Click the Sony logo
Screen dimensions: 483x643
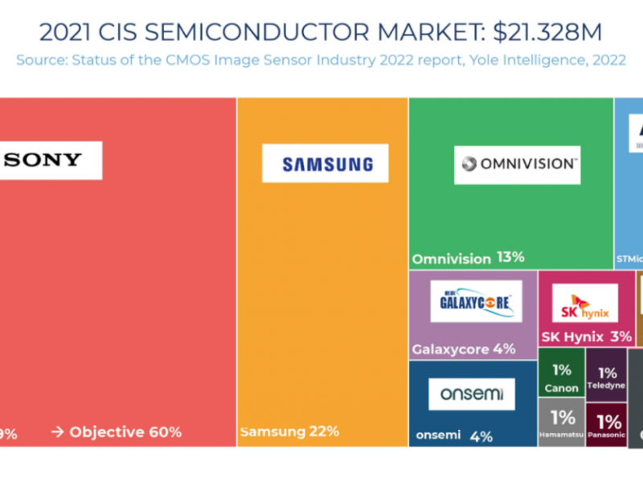(50, 159)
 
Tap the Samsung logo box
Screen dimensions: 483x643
(326, 163)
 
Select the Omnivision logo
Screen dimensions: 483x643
(517, 164)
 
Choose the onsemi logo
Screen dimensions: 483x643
(471, 394)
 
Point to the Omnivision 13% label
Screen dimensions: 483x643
(468, 258)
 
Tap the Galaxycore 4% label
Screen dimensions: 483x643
(463, 349)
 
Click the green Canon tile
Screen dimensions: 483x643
(561, 376)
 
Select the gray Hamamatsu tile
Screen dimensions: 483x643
(561, 423)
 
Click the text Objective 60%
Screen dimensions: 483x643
(125, 432)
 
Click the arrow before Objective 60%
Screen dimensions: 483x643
(58, 432)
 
